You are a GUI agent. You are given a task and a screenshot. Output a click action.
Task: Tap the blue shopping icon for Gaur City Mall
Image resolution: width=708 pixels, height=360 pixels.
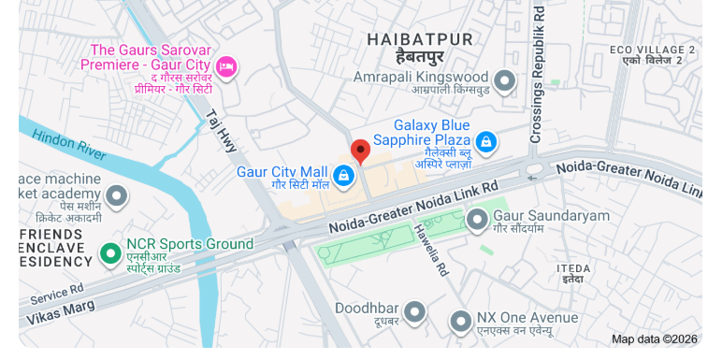click(x=344, y=175)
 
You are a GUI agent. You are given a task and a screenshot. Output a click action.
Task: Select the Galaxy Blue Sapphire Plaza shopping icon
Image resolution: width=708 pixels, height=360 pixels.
click(x=484, y=142)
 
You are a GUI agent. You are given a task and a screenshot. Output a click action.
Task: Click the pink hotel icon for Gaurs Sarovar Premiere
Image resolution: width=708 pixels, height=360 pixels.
click(x=225, y=66)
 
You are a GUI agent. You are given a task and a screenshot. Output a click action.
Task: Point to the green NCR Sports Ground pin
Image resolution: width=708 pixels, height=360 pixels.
click(x=111, y=252)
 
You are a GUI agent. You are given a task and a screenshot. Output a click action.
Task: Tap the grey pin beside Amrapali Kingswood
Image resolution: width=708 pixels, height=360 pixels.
click(x=505, y=81)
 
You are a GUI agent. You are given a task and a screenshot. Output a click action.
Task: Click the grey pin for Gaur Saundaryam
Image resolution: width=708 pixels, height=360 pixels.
click(x=477, y=221)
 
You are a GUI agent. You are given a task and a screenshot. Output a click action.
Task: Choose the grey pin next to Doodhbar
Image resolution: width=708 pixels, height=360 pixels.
click(x=414, y=312)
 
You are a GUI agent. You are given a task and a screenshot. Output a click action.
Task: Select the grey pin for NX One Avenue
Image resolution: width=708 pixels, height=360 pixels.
click(x=460, y=322)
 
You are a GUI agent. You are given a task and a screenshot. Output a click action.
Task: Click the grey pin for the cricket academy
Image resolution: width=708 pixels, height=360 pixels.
click(x=116, y=197)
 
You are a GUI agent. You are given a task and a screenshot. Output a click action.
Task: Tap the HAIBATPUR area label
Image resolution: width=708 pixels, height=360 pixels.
click(x=420, y=39)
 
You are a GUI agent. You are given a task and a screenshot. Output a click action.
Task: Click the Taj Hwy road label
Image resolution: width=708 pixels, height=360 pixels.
click(x=223, y=131)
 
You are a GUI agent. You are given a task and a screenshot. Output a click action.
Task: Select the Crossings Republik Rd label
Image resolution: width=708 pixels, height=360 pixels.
click(x=537, y=74)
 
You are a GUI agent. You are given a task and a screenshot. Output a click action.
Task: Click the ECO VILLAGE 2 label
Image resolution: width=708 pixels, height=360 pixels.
click(x=652, y=50)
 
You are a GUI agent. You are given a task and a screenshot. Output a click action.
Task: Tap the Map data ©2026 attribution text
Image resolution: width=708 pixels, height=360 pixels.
click(x=655, y=339)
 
